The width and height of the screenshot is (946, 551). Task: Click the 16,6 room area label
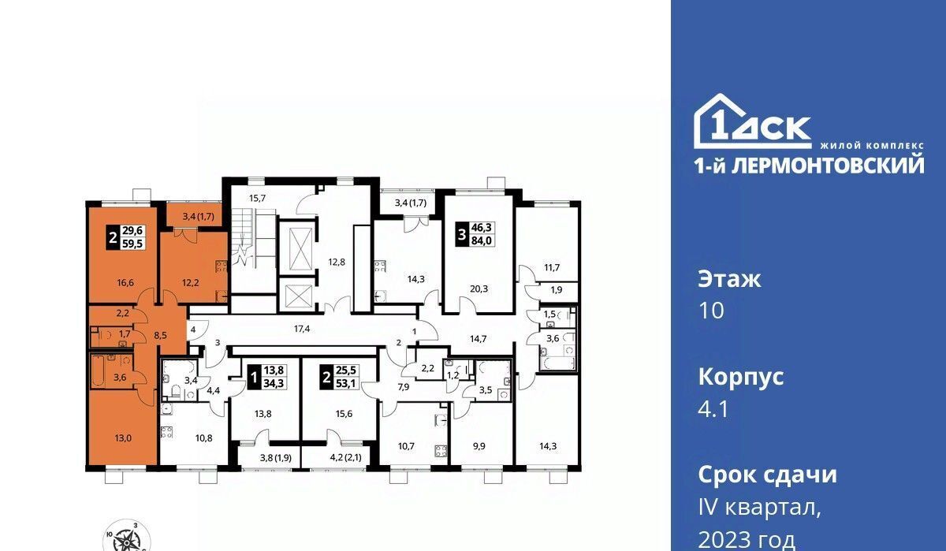[125, 282]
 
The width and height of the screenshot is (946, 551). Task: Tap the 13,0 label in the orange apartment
[123, 437]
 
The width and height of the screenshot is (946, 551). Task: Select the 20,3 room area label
[479, 289]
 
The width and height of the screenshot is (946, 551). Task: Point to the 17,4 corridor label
[302, 329]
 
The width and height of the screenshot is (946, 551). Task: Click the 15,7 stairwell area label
[257, 198]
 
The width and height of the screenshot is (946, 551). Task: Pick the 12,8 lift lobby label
[337, 262]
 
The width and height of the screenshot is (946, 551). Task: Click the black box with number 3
[462, 234]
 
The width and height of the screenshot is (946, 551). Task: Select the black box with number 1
[253, 378]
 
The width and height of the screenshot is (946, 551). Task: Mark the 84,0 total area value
[482, 241]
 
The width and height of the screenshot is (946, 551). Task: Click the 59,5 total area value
[133, 244]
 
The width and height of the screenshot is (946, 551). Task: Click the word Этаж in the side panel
[729, 280]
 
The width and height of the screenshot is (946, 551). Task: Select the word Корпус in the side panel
[741, 378]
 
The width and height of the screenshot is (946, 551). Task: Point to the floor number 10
[712, 311]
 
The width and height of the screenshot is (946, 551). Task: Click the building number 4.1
[713, 409]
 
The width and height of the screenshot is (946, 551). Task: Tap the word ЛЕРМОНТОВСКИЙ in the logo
[828, 166]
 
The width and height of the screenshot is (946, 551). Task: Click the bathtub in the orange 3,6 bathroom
[98, 371]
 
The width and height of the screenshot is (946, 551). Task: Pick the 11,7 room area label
[552, 267]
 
